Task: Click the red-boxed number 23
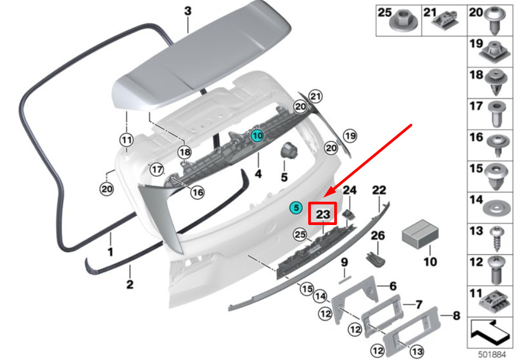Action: [x=323, y=214]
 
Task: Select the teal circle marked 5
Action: [x=295, y=207]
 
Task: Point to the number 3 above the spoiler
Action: [x=188, y=10]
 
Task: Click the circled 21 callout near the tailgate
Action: [x=315, y=97]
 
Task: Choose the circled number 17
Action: [x=157, y=170]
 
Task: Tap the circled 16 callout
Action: [x=197, y=192]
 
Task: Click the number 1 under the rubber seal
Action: [x=110, y=252]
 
